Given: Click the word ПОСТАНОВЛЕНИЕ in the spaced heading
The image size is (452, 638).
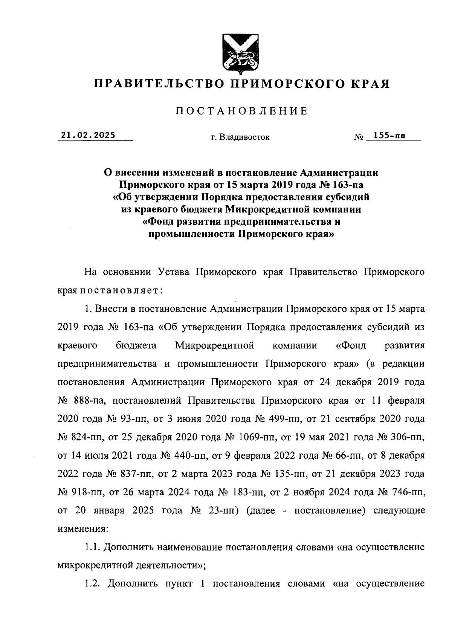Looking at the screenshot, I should point(241,111).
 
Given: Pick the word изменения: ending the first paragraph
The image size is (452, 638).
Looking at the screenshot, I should point(83,528).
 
